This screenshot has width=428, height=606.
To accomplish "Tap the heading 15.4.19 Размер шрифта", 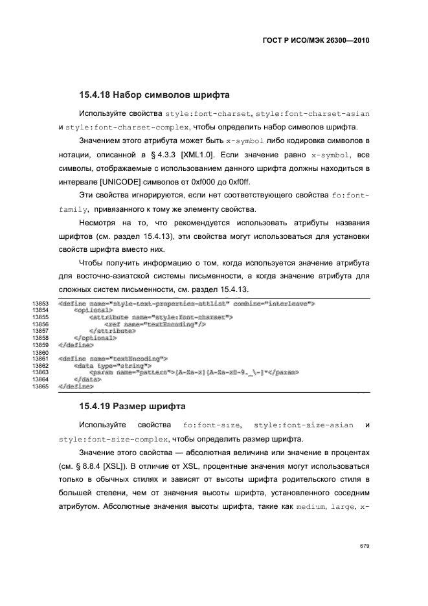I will pyautogui.click(x=133, y=407).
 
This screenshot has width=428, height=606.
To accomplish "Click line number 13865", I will pyautogui.click(x=39, y=387).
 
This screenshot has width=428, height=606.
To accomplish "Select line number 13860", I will pyautogui.click(x=39, y=353).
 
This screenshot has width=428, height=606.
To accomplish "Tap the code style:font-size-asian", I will pyautogui.click(x=304, y=425).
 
